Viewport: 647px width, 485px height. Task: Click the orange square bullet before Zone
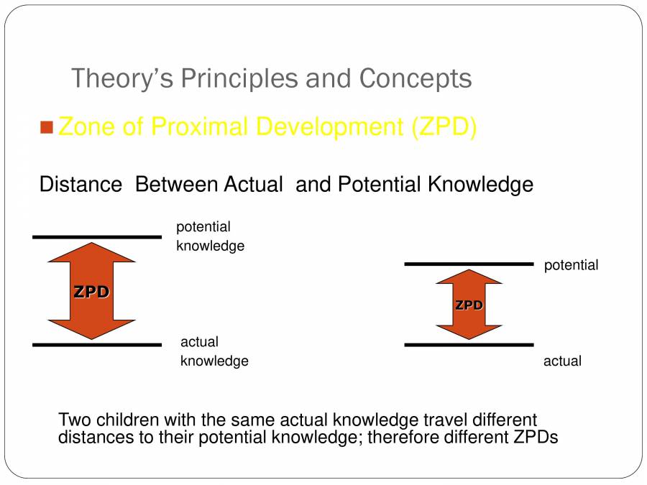click(x=47, y=128)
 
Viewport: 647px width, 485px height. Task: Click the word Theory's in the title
click(x=122, y=78)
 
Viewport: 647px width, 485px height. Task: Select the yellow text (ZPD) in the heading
click(x=444, y=127)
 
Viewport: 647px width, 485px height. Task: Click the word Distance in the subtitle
click(x=81, y=185)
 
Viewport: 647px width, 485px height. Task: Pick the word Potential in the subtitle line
click(x=377, y=185)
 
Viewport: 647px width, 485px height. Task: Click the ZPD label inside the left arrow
click(x=91, y=292)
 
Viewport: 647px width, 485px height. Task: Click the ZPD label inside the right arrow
click(x=469, y=305)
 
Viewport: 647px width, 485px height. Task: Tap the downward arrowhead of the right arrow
click(x=469, y=330)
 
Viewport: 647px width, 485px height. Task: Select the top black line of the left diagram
click(x=97, y=236)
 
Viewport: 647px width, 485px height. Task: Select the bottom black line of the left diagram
click(x=97, y=345)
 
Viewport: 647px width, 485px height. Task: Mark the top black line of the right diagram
click(x=469, y=264)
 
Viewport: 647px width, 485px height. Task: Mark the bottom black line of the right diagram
click(x=469, y=345)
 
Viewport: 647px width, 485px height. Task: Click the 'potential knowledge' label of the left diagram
click(x=210, y=236)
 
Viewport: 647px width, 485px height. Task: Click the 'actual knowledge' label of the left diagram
click(x=214, y=351)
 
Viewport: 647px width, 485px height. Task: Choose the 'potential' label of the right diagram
click(x=571, y=265)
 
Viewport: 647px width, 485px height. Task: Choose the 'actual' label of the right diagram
click(x=562, y=361)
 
